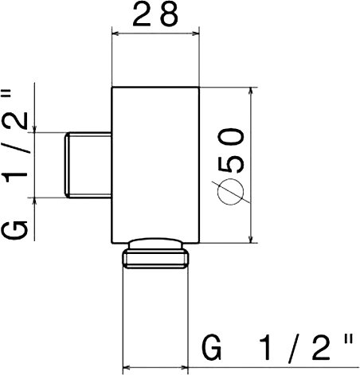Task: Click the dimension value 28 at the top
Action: (x=155, y=14)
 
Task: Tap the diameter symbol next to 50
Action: (x=230, y=192)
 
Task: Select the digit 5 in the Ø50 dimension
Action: (x=230, y=162)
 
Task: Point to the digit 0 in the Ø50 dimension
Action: (x=230, y=137)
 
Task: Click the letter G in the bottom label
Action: (x=212, y=348)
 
